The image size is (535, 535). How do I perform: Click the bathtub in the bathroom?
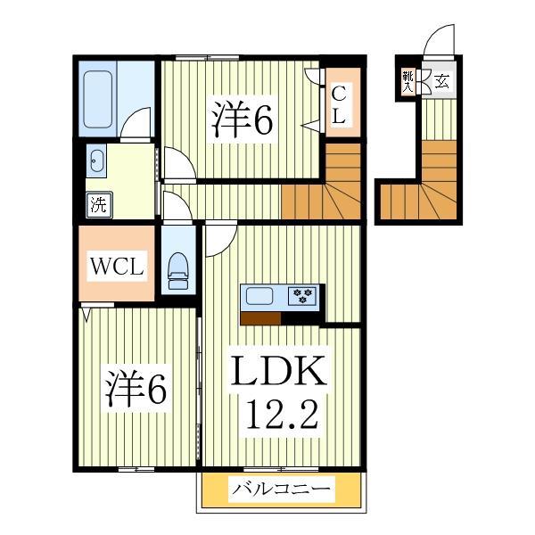click(x=98, y=99)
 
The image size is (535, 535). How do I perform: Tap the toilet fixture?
click(x=178, y=271)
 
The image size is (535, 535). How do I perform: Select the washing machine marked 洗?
click(x=99, y=204)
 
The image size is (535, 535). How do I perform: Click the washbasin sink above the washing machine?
click(x=96, y=160)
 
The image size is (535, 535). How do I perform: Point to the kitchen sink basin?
click(x=260, y=295)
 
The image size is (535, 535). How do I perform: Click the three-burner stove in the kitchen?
click(x=302, y=295)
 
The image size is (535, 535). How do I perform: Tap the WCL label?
click(x=117, y=267)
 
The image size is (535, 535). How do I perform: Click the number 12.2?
click(x=282, y=415)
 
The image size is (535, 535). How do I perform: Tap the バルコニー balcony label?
click(x=282, y=490)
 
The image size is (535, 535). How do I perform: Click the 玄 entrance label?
click(x=442, y=81)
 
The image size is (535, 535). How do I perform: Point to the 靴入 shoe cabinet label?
click(x=408, y=82)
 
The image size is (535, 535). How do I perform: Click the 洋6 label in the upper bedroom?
click(x=243, y=119)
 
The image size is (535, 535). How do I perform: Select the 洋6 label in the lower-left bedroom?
click(x=136, y=389)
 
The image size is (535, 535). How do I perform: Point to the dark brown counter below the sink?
click(x=260, y=318)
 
